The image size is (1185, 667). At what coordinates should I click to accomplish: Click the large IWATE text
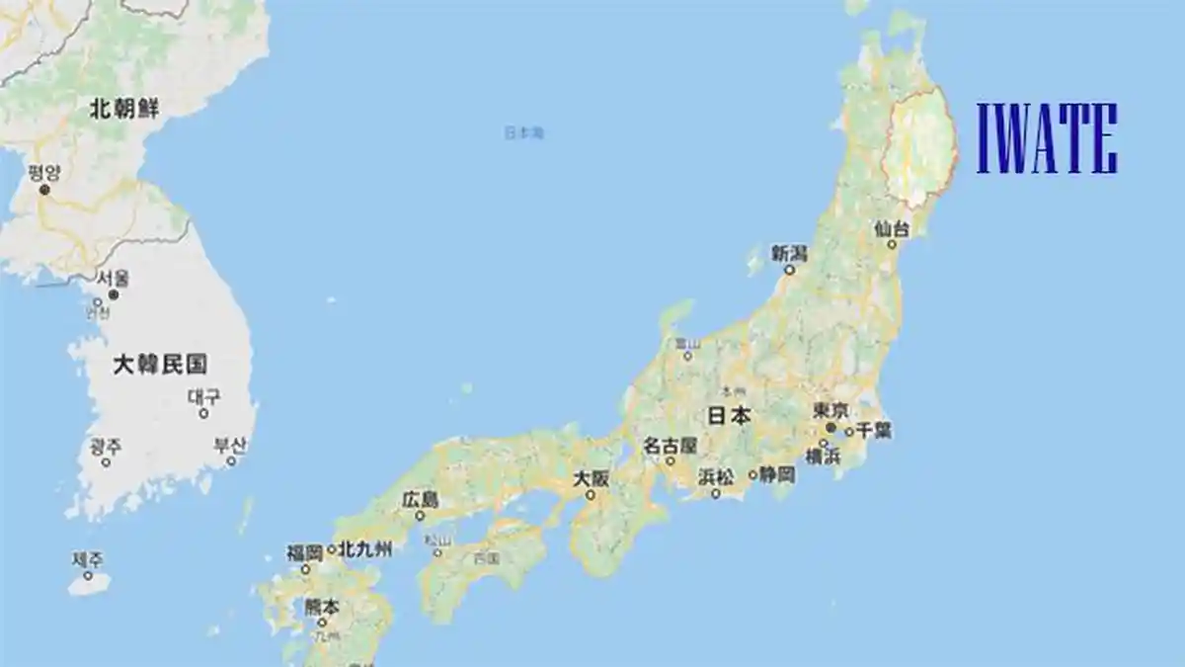(1047, 138)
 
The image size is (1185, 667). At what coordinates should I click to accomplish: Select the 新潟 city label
(789, 253)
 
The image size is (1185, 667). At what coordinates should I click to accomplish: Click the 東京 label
(830, 410)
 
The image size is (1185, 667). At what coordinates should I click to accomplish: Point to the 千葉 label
(874, 430)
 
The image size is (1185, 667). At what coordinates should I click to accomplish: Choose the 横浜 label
(823, 456)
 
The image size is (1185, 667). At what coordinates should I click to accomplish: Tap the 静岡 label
(775, 474)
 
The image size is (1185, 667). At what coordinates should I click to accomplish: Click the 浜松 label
(716, 476)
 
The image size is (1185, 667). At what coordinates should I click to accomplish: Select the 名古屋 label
(671, 446)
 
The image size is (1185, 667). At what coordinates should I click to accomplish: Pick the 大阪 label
(592, 478)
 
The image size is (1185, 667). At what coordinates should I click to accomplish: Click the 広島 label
(420, 500)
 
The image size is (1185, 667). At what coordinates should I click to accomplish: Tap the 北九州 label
(364, 549)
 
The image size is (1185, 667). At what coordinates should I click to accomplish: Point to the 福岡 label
(305, 552)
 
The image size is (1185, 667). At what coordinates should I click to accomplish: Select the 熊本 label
(321, 607)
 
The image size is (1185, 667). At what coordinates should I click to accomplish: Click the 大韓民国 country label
(160, 365)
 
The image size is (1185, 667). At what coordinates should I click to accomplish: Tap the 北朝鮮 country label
(123, 109)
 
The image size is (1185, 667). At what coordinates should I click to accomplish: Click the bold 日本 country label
(730, 416)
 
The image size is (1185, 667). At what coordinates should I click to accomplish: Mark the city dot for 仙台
(893, 243)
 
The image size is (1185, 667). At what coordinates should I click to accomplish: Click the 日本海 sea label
(523, 132)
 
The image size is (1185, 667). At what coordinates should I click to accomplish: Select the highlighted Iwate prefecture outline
(920, 148)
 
